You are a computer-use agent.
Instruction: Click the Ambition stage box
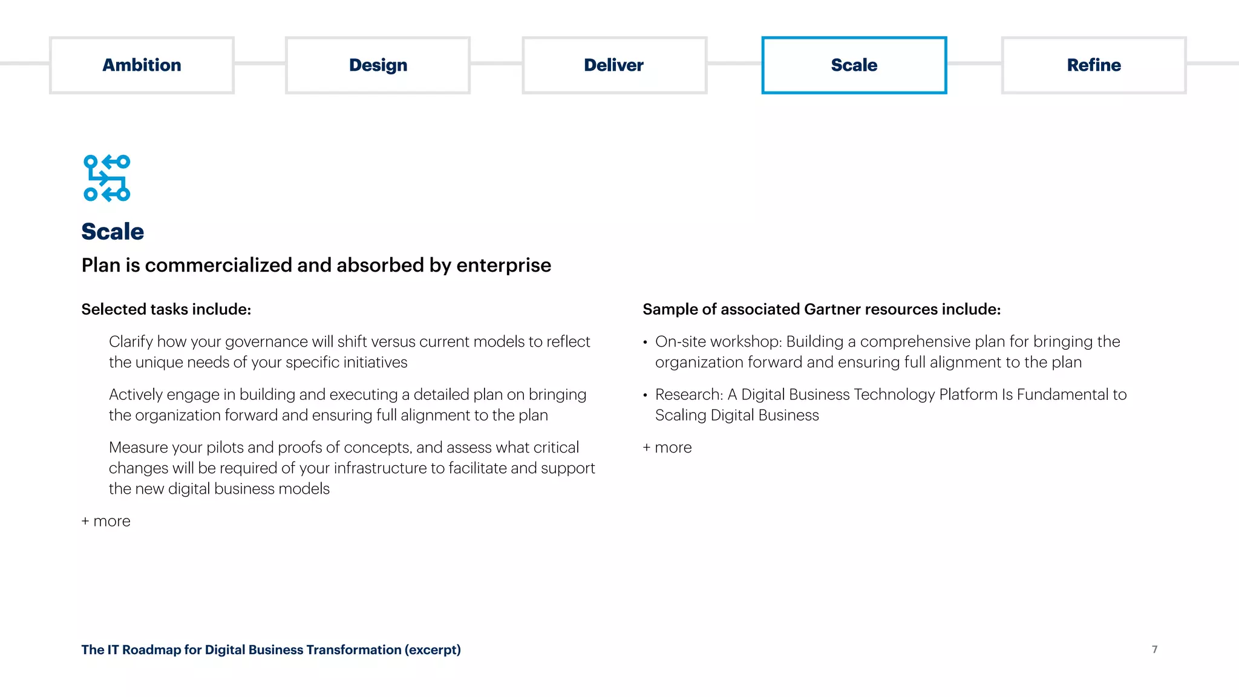[x=142, y=65]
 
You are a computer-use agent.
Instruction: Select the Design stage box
[x=378, y=65]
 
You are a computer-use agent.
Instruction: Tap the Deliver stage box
[x=614, y=65]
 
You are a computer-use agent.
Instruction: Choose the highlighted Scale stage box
[x=854, y=65]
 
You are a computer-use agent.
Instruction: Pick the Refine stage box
[x=1093, y=65]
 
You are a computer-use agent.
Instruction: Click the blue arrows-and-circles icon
[x=107, y=178]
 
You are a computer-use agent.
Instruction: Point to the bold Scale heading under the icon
[x=113, y=232]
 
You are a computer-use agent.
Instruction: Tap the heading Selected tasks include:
[x=166, y=309]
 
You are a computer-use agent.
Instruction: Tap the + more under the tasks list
[x=106, y=521]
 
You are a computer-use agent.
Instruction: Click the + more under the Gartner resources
[x=667, y=448]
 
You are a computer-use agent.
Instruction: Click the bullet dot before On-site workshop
[x=646, y=342]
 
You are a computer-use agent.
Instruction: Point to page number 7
[x=1154, y=649]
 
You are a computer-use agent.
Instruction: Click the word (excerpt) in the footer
[x=433, y=650]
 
